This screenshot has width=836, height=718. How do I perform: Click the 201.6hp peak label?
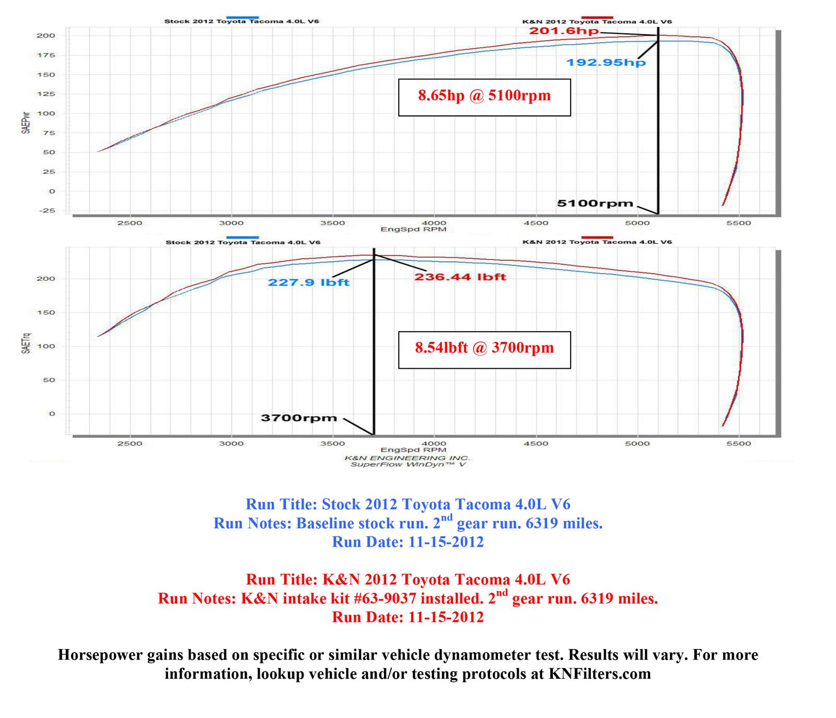coord(564,31)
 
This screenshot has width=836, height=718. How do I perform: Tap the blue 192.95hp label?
coord(606,63)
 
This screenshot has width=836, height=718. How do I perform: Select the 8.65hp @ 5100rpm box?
coord(484,97)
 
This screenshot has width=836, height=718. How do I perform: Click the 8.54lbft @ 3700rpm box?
coord(484,349)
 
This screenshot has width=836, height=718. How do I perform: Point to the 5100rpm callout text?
coord(595,204)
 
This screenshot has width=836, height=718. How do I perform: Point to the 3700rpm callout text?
coord(298,418)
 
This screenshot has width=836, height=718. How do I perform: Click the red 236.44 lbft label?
coord(460,277)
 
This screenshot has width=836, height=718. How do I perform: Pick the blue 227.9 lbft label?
coord(308,283)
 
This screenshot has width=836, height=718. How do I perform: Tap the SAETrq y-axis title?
coord(26,343)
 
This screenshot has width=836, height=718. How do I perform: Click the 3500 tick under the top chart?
coord(332,223)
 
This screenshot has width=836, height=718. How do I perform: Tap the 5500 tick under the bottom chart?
coord(738,444)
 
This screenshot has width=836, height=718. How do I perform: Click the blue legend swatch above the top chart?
coord(242,17)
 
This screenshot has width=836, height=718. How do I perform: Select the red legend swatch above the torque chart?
coord(597,237)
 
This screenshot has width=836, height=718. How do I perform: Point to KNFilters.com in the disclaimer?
coord(599,674)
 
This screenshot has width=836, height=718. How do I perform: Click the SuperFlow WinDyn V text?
coord(408,464)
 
